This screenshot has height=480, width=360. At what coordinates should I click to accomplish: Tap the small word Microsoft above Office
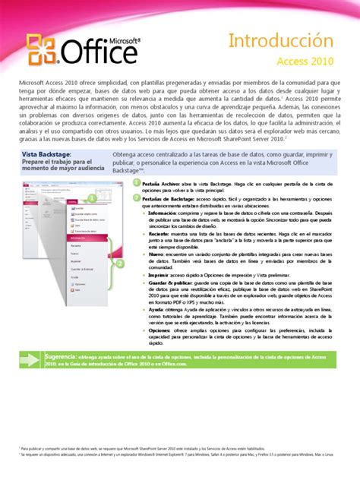pos(115,36)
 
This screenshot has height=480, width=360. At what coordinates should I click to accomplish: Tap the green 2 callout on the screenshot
pos(119,264)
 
